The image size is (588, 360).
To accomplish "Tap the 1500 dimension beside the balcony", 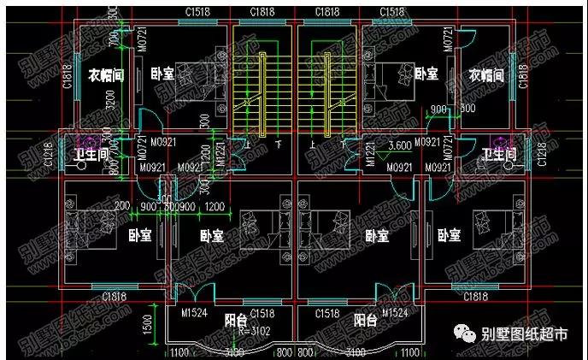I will pos(147,324).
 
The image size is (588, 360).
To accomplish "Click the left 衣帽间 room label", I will pos(107,74).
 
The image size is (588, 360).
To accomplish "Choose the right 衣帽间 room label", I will pos(487,74).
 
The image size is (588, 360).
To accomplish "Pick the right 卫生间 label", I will pos(499,155).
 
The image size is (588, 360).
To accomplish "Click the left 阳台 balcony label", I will pos(237,322).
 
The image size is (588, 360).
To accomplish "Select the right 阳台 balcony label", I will pos(366,322).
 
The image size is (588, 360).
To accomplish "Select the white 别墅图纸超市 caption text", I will pos(524,335).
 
